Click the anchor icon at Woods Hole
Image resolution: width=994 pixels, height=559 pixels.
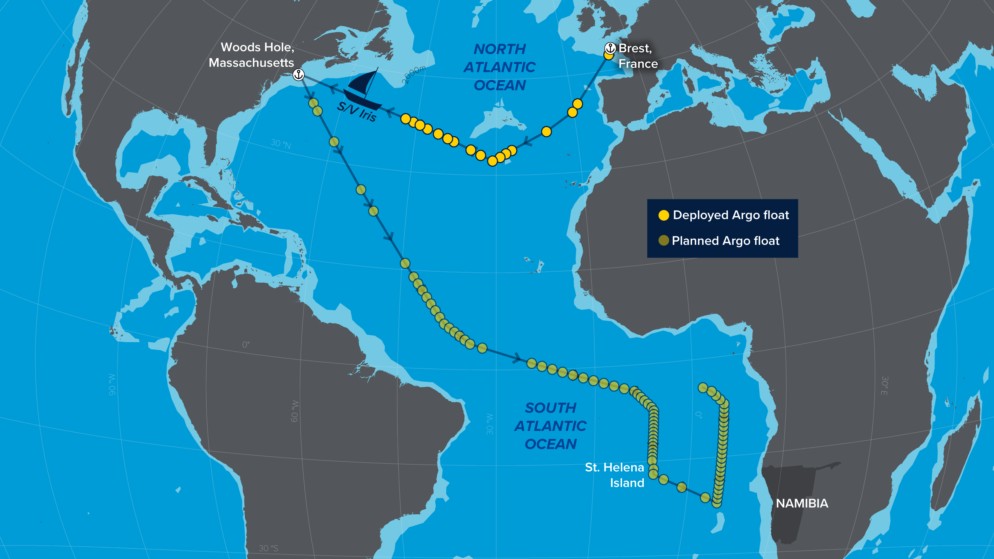(x=298, y=75)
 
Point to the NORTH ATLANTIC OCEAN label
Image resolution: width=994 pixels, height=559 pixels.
(x=500, y=67)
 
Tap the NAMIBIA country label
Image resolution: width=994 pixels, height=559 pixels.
(x=802, y=503)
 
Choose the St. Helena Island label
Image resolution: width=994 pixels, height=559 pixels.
(x=615, y=475)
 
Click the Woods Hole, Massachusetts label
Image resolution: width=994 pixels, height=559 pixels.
(x=252, y=55)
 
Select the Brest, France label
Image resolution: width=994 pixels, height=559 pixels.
(x=638, y=56)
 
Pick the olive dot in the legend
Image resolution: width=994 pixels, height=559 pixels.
(x=663, y=241)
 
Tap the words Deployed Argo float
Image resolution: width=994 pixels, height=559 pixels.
(x=731, y=215)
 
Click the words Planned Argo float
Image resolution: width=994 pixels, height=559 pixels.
(x=725, y=241)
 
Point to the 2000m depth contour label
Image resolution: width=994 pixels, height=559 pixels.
(x=414, y=75)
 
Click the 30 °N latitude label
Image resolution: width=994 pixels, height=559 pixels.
(x=281, y=144)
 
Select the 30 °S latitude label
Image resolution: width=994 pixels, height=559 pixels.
(x=268, y=548)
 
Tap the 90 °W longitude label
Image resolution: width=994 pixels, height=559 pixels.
(x=112, y=384)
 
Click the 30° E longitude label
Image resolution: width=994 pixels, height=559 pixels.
(x=884, y=386)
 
